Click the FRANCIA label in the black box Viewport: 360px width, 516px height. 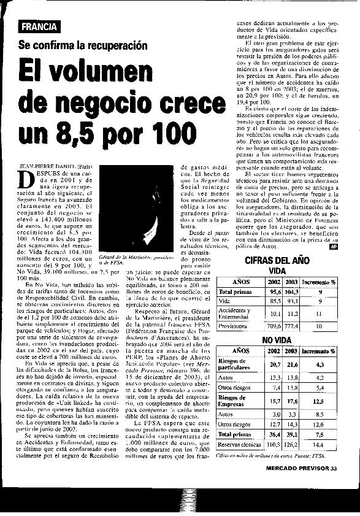39,26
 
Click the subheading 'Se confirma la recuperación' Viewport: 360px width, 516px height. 83,45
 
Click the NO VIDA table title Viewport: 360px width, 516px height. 277,340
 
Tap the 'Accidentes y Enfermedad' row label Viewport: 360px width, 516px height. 234,314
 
